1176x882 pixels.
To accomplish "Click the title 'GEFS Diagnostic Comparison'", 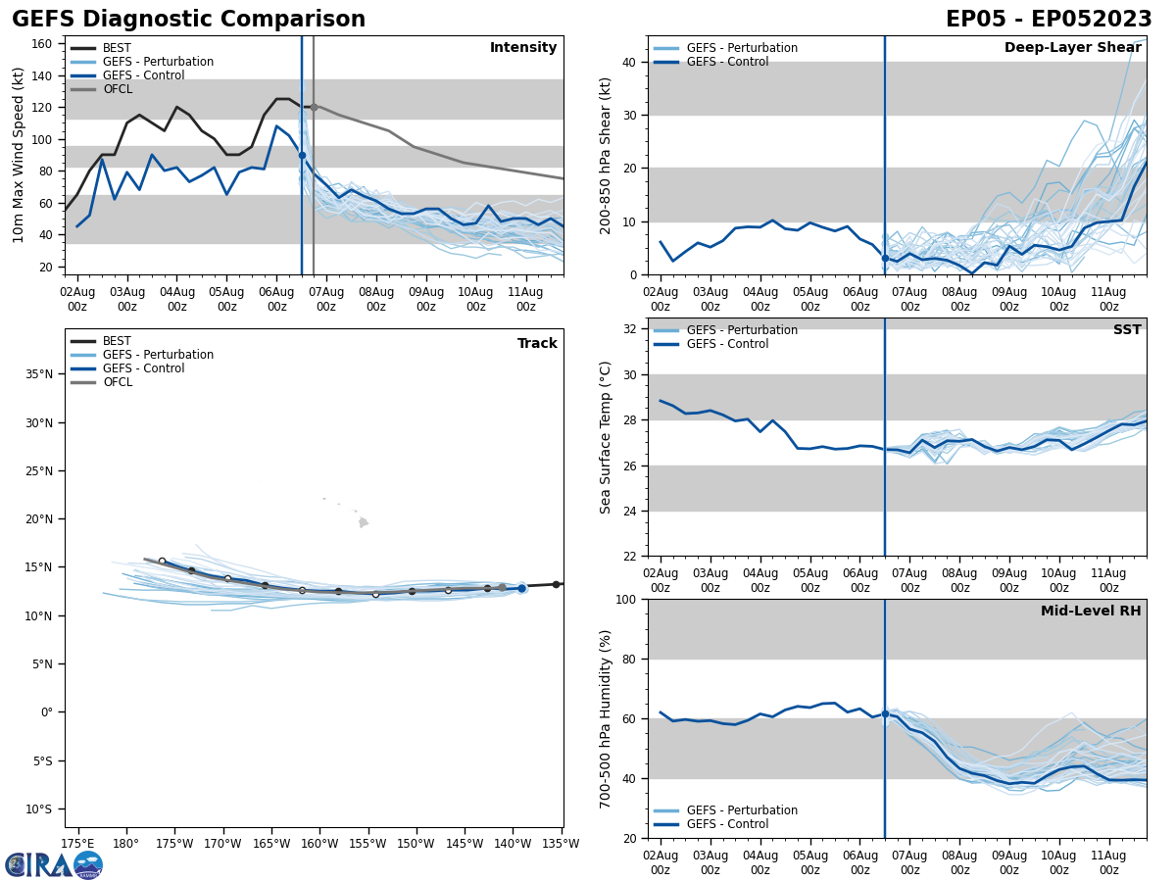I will [188, 20].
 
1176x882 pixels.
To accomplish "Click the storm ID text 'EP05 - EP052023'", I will [1049, 20].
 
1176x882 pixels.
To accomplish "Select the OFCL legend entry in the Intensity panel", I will [117, 89].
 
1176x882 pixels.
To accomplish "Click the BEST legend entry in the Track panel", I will [117, 341].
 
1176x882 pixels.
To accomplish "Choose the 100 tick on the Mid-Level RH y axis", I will [623, 599].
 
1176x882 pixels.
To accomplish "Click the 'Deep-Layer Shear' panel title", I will [1072, 48].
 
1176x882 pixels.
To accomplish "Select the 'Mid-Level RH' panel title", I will [1091, 612].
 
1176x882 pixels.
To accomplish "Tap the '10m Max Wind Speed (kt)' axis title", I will [19, 155].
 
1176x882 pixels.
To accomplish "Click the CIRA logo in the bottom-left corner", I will [54, 864].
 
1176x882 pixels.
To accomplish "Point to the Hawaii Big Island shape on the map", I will [364, 522].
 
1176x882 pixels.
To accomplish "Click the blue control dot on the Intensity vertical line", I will [302, 155].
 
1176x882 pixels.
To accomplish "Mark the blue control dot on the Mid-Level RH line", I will [885, 713].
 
